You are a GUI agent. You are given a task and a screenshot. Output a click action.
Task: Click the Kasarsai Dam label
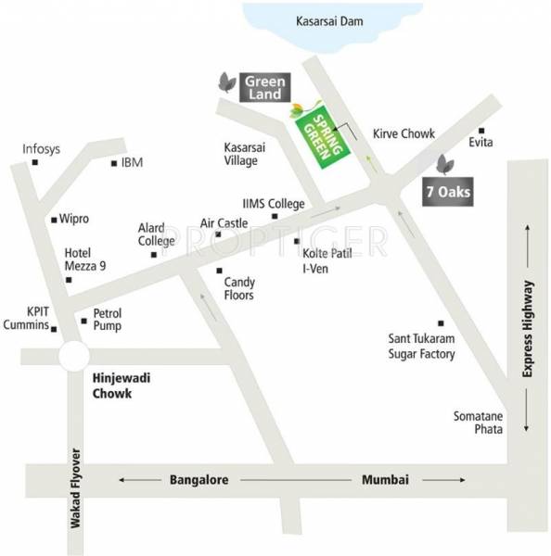click(x=333, y=19)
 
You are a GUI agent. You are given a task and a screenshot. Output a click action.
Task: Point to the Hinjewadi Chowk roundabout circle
click(x=71, y=356)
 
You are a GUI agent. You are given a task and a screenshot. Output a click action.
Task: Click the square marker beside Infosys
click(x=35, y=163)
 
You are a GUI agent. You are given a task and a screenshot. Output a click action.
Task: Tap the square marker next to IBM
click(x=114, y=164)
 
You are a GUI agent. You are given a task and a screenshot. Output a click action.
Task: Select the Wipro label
click(x=74, y=220)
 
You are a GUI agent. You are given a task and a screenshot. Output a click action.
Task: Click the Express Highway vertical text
click(x=529, y=328)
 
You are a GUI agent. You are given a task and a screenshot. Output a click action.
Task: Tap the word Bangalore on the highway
click(x=199, y=480)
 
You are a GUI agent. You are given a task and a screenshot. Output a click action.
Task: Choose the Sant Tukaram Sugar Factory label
click(x=422, y=346)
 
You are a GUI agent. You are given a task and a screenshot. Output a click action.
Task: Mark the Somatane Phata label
click(x=478, y=423)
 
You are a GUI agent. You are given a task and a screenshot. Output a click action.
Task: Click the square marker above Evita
click(x=481, y=131)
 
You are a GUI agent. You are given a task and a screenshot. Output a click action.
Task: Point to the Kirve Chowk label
click(x=404, y=134)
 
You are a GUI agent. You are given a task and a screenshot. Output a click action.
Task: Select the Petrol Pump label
click(x=107, y=320)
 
